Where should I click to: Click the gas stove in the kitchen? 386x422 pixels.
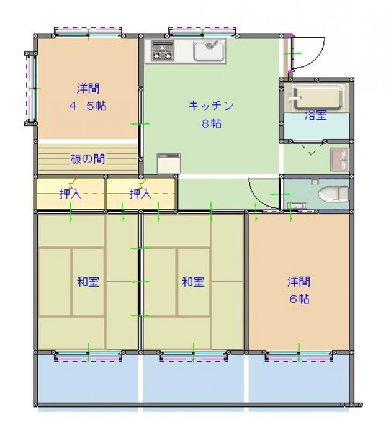163,50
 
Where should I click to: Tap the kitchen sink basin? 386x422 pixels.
209,50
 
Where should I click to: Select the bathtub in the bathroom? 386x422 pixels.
318,97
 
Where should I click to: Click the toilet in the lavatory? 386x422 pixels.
333,193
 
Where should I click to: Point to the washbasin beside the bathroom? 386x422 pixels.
339,159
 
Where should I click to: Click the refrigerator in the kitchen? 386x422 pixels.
169,163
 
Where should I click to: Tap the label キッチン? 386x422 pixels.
211,105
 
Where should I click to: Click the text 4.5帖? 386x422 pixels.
88,105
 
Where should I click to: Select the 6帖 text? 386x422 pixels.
299,299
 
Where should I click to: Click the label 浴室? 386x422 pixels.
316,115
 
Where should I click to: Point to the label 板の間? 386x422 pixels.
88,159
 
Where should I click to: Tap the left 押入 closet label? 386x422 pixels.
70,193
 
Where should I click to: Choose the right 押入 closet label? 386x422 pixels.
140,193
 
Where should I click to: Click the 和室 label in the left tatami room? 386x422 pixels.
88,282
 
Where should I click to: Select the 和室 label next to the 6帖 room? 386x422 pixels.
193,282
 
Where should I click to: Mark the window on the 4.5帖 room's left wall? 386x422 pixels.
32,88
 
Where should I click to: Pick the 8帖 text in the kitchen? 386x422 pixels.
212,123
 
